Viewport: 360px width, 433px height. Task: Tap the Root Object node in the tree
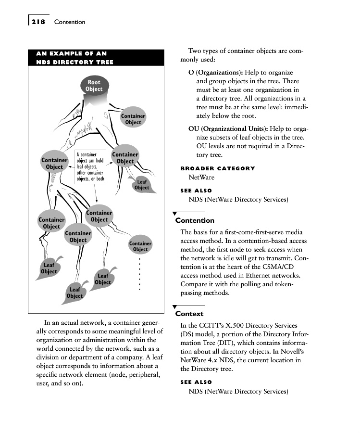(94, 86)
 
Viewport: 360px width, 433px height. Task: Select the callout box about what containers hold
(90, 167)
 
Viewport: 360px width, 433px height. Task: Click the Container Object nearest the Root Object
(133, 119)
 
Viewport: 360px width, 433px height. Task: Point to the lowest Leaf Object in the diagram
(74, 293)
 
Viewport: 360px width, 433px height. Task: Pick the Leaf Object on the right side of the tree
(142, 185)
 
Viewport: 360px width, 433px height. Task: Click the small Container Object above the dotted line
(140, 246)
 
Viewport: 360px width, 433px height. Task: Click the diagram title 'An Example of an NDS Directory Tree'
(72, 57)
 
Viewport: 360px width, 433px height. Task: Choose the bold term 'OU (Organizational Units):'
(228, 129)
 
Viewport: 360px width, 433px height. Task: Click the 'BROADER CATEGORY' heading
(217, 168)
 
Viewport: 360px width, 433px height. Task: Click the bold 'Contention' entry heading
(195, 220)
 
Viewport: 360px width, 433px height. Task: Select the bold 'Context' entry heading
(189, 314)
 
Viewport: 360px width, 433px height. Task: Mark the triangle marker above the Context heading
(175, 306)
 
